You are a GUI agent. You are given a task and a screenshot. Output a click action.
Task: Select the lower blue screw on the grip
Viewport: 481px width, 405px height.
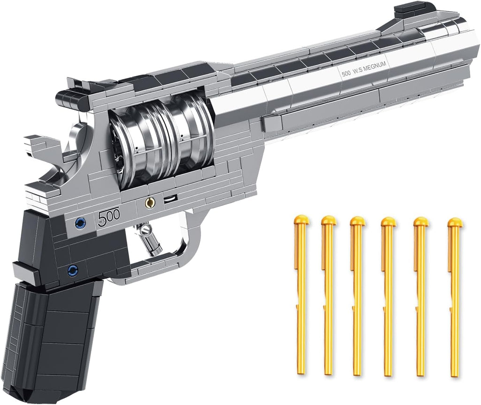[72, 269]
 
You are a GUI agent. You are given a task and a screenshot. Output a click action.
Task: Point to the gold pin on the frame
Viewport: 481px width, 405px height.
[150, 203]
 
